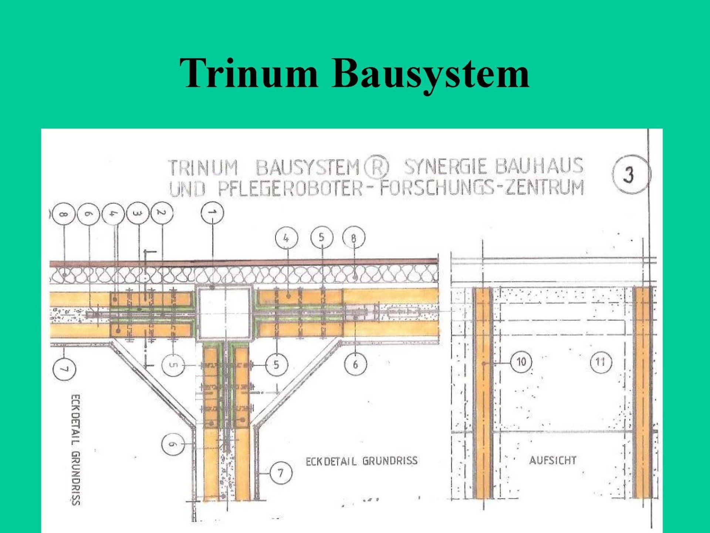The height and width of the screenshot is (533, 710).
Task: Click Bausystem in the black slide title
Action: point(430,73)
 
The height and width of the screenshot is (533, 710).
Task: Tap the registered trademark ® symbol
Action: point(376,168)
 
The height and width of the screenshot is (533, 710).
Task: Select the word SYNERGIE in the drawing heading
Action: point(446,166)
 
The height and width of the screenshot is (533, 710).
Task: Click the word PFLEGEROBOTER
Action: point(290,188)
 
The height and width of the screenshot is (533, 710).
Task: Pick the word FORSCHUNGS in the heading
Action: point(437,188)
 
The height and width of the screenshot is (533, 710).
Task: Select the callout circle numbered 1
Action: point(212,213)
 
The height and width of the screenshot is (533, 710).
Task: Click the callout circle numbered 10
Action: point(521,362)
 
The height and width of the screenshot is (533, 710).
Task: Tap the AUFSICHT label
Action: point(553,460)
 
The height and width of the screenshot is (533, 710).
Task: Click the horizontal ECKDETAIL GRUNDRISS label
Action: point(361,461)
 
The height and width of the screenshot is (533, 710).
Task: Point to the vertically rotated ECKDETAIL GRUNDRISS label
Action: point(76,449)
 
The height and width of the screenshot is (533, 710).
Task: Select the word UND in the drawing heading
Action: point(187,189)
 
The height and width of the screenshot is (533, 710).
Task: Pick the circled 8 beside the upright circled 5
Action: point(354,238)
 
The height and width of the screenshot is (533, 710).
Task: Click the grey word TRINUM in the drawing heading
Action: point(203,168)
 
